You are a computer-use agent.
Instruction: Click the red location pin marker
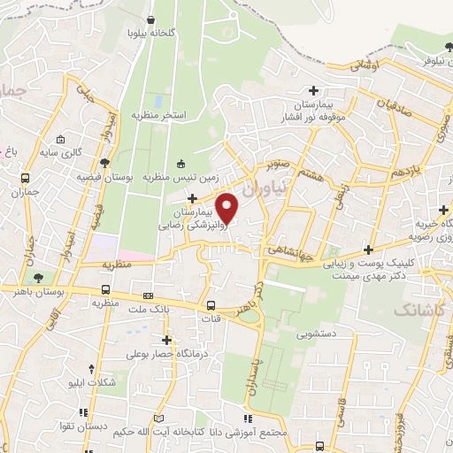coord(228,207)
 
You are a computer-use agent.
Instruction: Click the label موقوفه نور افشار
coord(285,117)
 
